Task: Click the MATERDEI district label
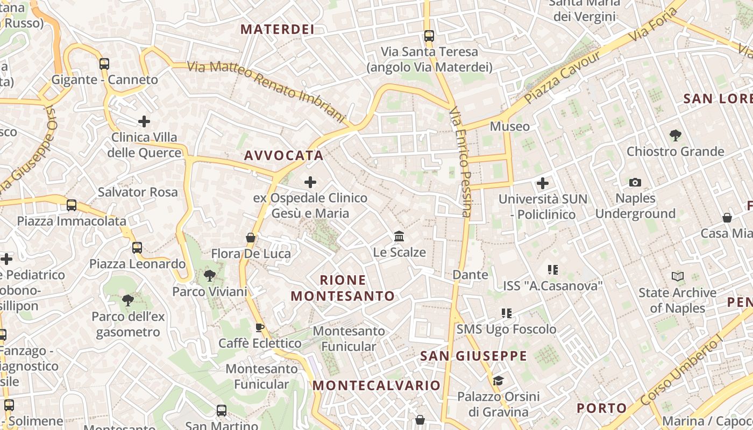(278, 29)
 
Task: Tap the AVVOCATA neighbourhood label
(284, 155)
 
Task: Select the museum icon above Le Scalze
(399, 236)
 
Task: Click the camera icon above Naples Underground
(635, 182)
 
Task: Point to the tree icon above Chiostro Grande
(676, 135)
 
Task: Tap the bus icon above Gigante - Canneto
(104, 64)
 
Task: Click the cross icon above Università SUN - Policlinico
(543, 183)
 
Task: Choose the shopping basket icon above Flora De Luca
(251, 237)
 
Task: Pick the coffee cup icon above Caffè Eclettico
(260, 327)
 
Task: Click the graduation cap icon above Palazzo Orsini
(498, 381)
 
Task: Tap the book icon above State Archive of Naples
(678, 277)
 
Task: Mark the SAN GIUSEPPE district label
(473, 356)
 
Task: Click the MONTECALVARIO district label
(376, 385)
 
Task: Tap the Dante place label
(471, 275)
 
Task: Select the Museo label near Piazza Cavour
(509, 126)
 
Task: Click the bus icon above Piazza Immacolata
(72, 205)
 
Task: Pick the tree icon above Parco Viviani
(210, 276)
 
